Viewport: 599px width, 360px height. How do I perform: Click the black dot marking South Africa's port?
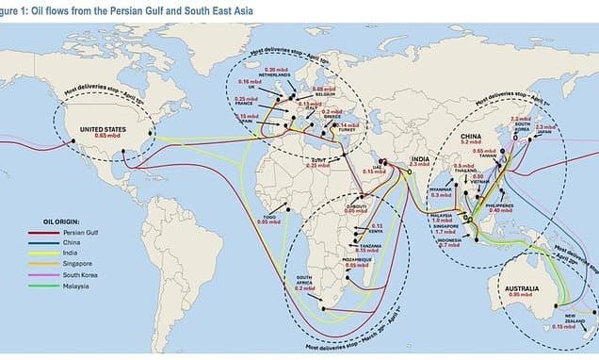pos(323,307)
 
